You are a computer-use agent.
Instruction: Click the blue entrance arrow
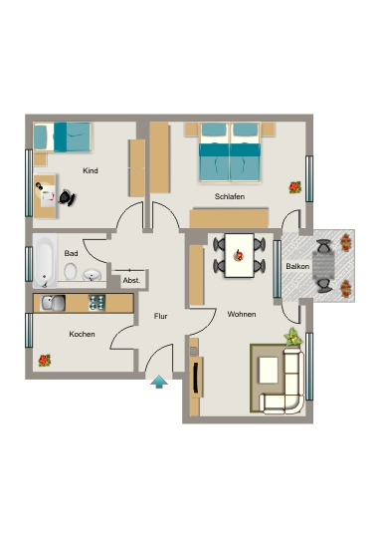[159, 382]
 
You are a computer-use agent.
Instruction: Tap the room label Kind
[91, 170]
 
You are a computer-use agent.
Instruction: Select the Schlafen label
[230, 196]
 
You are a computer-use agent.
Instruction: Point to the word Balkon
[297, 266]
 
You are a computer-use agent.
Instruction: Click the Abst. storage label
[131, 280]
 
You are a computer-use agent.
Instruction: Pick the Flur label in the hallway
[161, 316]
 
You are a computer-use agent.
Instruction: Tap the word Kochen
[82, 334]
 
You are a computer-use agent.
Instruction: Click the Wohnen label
[242, 314]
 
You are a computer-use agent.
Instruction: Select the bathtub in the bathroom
[45, 261]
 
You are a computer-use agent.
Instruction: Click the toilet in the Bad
[71, 272]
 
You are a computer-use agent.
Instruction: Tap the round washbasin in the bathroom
[92, 275]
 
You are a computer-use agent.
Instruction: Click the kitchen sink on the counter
[53, 303]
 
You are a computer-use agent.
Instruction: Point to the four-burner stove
[96, 303]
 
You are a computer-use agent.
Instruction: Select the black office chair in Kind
[68, 198]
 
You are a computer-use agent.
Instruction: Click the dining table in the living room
[239, 256]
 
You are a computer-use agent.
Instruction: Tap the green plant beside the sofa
[293, 338]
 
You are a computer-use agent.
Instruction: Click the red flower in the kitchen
[44, 361]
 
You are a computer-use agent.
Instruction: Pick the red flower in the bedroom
[294, 187]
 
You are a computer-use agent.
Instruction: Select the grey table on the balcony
[323, 266]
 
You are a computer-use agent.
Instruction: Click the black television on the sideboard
[195, 378]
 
